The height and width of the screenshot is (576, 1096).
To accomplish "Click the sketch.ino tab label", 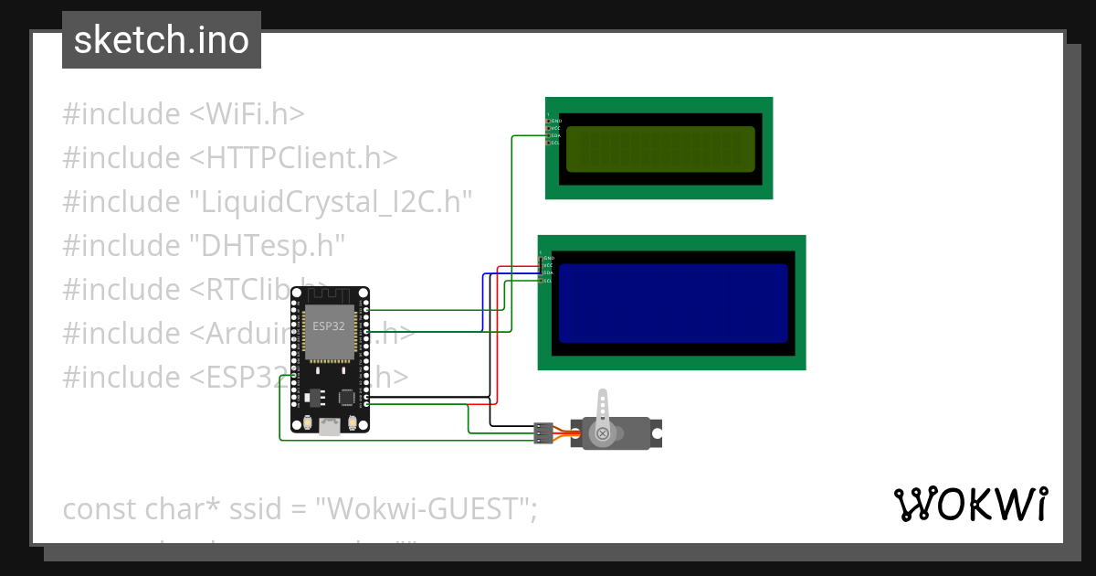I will point(162,40).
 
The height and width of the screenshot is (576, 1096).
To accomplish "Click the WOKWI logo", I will point(970,504).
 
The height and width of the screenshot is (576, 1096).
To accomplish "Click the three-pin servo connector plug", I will point(543,432).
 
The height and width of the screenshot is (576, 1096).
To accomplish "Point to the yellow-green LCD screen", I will point(659,149).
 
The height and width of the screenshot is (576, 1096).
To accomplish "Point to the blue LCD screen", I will point(672,304).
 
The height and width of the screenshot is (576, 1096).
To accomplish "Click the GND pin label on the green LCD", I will point(556,121).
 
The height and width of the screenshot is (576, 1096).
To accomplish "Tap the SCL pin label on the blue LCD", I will point(547,281).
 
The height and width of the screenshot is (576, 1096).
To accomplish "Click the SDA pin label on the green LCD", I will point(556,135).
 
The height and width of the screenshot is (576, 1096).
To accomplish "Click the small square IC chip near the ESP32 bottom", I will point(347,398).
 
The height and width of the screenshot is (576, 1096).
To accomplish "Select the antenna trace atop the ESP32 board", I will point(329,295).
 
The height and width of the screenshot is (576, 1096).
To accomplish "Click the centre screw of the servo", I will point(602,433).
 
